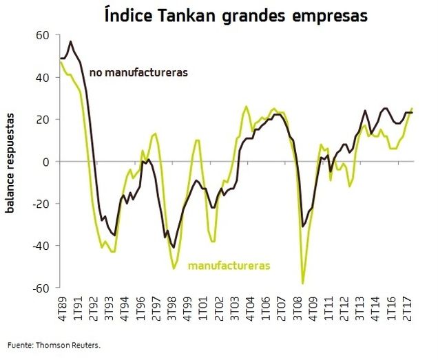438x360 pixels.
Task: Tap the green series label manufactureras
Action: pos(229,264)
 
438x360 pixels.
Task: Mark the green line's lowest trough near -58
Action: pos(303,283)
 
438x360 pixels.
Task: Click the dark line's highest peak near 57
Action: pos(71,42)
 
